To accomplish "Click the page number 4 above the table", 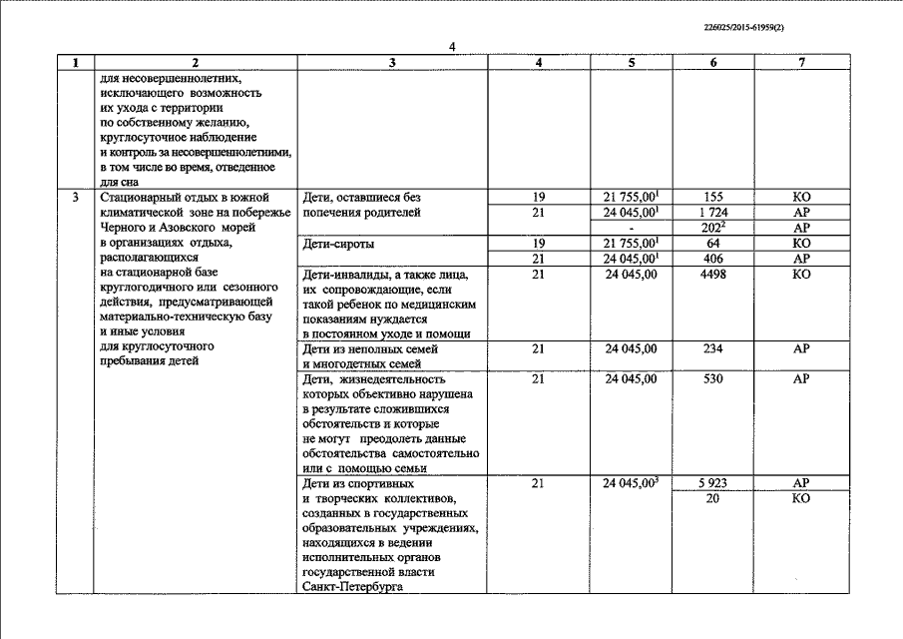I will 452,48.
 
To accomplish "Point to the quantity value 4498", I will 712,275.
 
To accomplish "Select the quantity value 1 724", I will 712,213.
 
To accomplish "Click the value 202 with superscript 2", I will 713,228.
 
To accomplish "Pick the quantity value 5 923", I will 712,483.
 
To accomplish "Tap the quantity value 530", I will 712,379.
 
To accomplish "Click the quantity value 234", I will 712,349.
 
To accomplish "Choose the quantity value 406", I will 712,259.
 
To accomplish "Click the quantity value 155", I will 712,198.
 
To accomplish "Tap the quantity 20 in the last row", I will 712,498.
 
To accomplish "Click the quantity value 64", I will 712,244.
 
